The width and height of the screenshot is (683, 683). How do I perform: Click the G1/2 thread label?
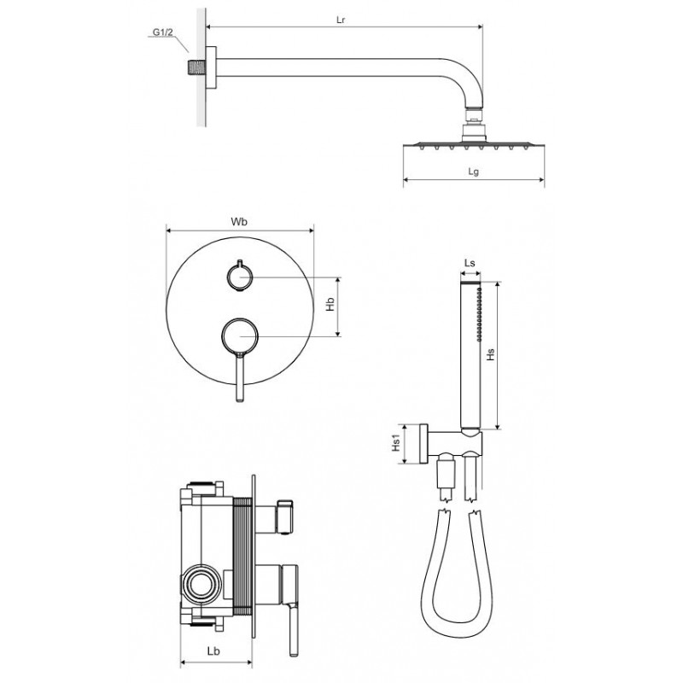click(x=162, y=32)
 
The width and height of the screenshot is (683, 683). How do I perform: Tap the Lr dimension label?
click(x=341, y=20)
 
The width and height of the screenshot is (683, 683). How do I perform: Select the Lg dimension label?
click(x=474, y=172)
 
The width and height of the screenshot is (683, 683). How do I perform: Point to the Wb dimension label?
click(x=239, y=222)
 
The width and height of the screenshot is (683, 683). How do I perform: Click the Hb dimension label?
click(x=330, y=304)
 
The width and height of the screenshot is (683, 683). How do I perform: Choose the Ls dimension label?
click(x=470, y=263)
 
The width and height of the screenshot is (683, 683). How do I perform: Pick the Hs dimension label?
click(x=491, y=354)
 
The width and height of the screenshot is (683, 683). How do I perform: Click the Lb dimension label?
click(x=213, y=651)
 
